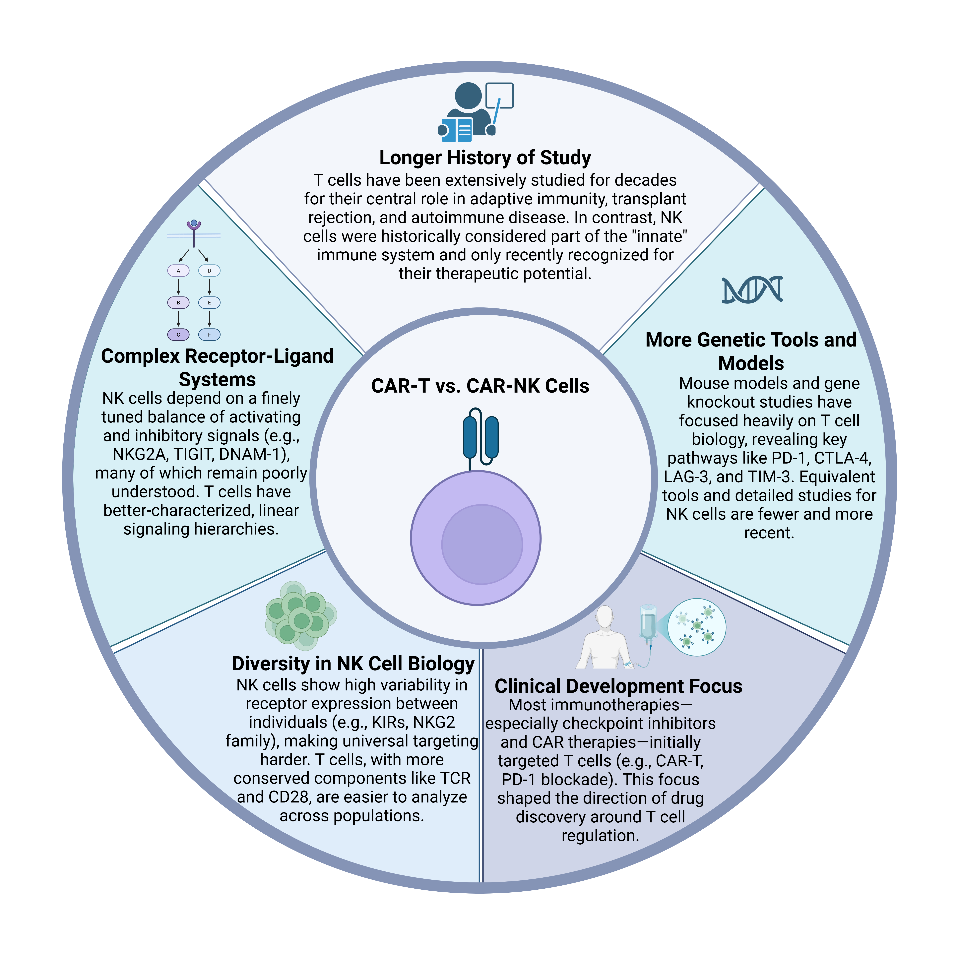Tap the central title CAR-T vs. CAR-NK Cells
coord(480,386)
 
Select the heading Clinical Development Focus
coord(618,686)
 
